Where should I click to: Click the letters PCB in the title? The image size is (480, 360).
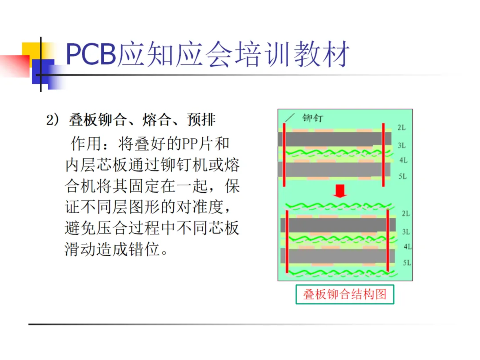pos(91,55)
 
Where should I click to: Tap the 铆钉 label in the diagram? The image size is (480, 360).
pos(313,118)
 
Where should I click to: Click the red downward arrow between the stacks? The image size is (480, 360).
pos(340,192)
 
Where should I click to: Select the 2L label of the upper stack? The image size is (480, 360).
pos(401,128)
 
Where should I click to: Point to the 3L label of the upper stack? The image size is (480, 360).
pos(401,145)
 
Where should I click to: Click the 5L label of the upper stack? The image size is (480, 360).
pos(402,176)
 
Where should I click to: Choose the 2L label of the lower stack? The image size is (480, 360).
pos(405,214)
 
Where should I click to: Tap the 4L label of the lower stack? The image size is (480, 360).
pos(408,247)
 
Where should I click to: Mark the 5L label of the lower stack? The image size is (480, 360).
pos(407,263)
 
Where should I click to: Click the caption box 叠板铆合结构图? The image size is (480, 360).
pos(345,294)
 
